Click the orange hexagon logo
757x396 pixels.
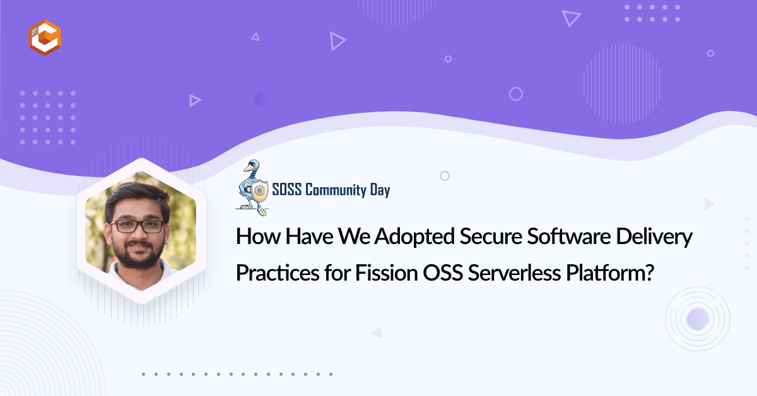pos(45,37)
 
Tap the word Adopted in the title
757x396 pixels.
pos(414,236)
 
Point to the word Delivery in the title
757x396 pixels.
pos(654,236)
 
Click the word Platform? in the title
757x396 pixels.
pos(610,272)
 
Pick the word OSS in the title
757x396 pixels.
pos(443,272)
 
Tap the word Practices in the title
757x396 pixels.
pos(278,272)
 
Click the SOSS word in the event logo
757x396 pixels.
pos(287,190)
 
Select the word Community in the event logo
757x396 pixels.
pos(336,190)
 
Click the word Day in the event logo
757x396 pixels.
pos(380,190)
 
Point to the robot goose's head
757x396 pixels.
pos(253,166)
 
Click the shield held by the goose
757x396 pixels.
pos(259,190)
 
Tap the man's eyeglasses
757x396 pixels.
pos(138,226)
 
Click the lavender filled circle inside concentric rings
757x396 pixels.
pos(698,318)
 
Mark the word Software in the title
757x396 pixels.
pos(569,236)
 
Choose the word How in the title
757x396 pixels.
pos(258,236)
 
